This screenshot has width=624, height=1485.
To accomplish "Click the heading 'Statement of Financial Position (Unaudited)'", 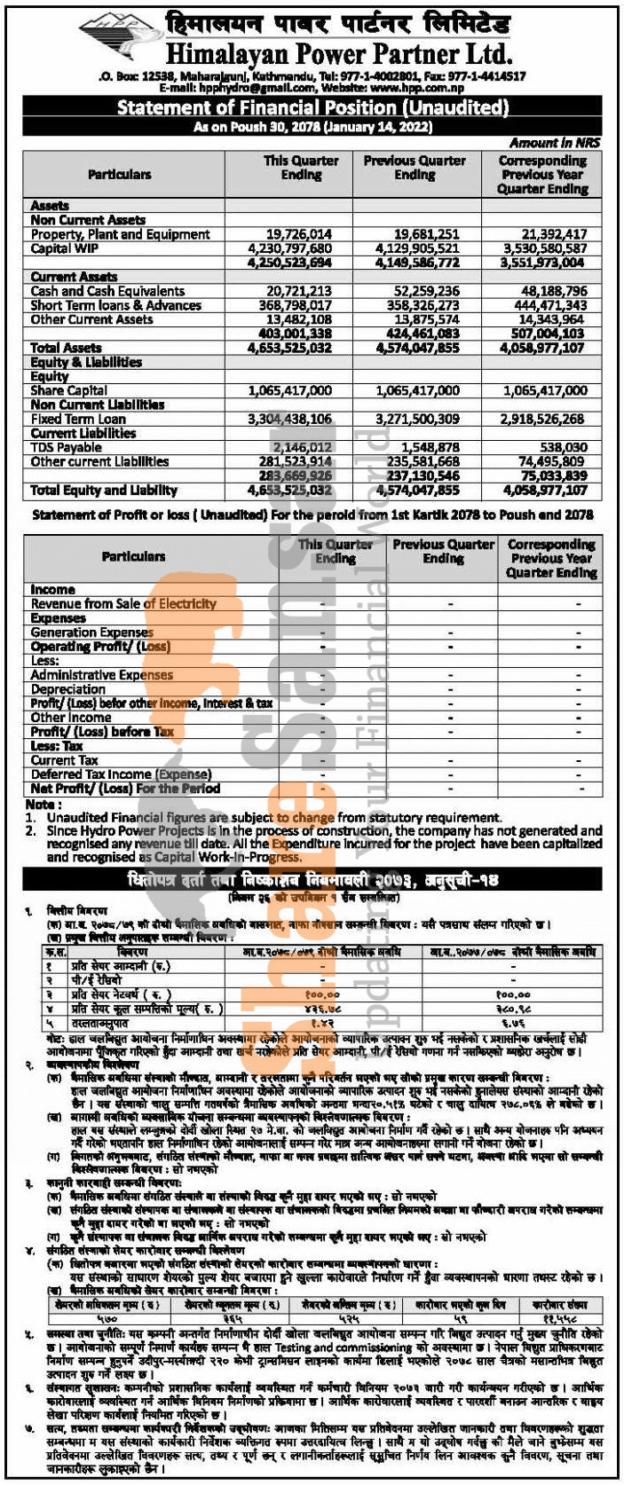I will [x=312, y=108].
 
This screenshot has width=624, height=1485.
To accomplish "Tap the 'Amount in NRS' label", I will [x=555, y=142].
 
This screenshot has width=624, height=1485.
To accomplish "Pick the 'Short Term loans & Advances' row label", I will [x=116, y=305].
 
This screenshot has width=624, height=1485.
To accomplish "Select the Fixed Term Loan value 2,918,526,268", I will [x=541, y=419].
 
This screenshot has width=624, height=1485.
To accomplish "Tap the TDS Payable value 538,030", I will [x=564, y=448].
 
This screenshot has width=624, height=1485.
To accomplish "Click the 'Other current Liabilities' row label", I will [x=99, y=461].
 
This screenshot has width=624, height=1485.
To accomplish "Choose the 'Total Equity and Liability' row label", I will [x=104, y=490].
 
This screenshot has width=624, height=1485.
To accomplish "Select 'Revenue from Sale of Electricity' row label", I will [x=123, y=603].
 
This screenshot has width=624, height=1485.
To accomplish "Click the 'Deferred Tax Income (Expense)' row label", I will [x=121, y=774].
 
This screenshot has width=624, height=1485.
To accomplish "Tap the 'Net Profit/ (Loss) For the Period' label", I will [x=125, y=789].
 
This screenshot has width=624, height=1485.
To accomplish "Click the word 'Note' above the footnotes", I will [x=40, y=804].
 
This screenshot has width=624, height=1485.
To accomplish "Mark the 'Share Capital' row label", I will [x=68, y=390].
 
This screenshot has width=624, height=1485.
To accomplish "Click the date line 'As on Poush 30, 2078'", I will [x=312, y=127].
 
